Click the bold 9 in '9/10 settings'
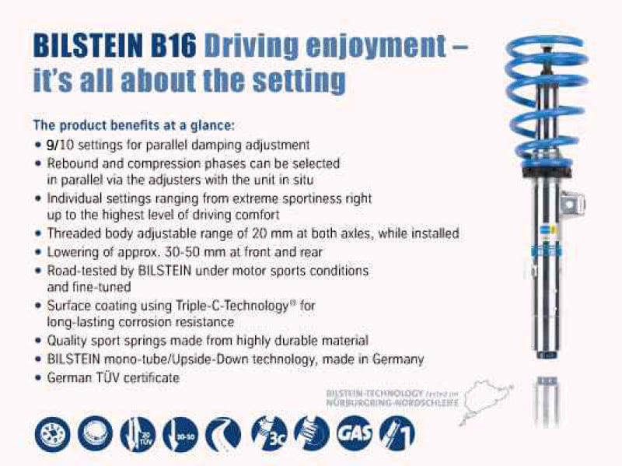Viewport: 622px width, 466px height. point(51,145)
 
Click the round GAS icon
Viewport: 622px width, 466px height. point(352,433)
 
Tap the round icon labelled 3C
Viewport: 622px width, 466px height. point(268,433)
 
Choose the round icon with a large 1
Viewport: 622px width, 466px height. point(397,433)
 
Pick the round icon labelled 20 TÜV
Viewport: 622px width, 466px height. point(138,433)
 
